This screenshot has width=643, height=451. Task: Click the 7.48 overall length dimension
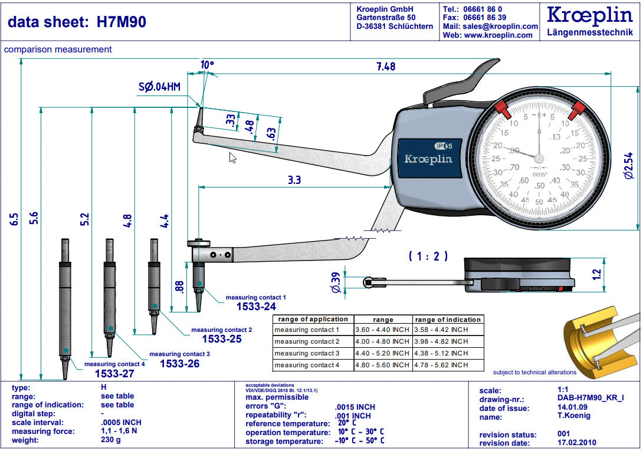point(386,66)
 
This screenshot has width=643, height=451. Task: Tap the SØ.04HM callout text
point(159,87)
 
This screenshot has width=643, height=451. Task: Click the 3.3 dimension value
point(294,180)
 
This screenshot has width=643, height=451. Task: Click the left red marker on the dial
point(501,108)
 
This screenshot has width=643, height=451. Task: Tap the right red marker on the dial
point(578,108)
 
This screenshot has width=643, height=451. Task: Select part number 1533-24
point(256,307)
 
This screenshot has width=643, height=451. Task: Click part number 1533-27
point(114,374)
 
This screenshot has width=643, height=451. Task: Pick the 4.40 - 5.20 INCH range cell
point(382,353)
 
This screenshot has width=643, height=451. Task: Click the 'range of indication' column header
point(448,320)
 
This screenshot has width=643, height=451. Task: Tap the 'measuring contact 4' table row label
point(307,365)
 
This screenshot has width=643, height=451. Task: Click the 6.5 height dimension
point(15,219)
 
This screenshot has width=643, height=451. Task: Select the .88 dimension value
point(180,287)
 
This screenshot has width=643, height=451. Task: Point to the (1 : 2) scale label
point(428,256)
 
